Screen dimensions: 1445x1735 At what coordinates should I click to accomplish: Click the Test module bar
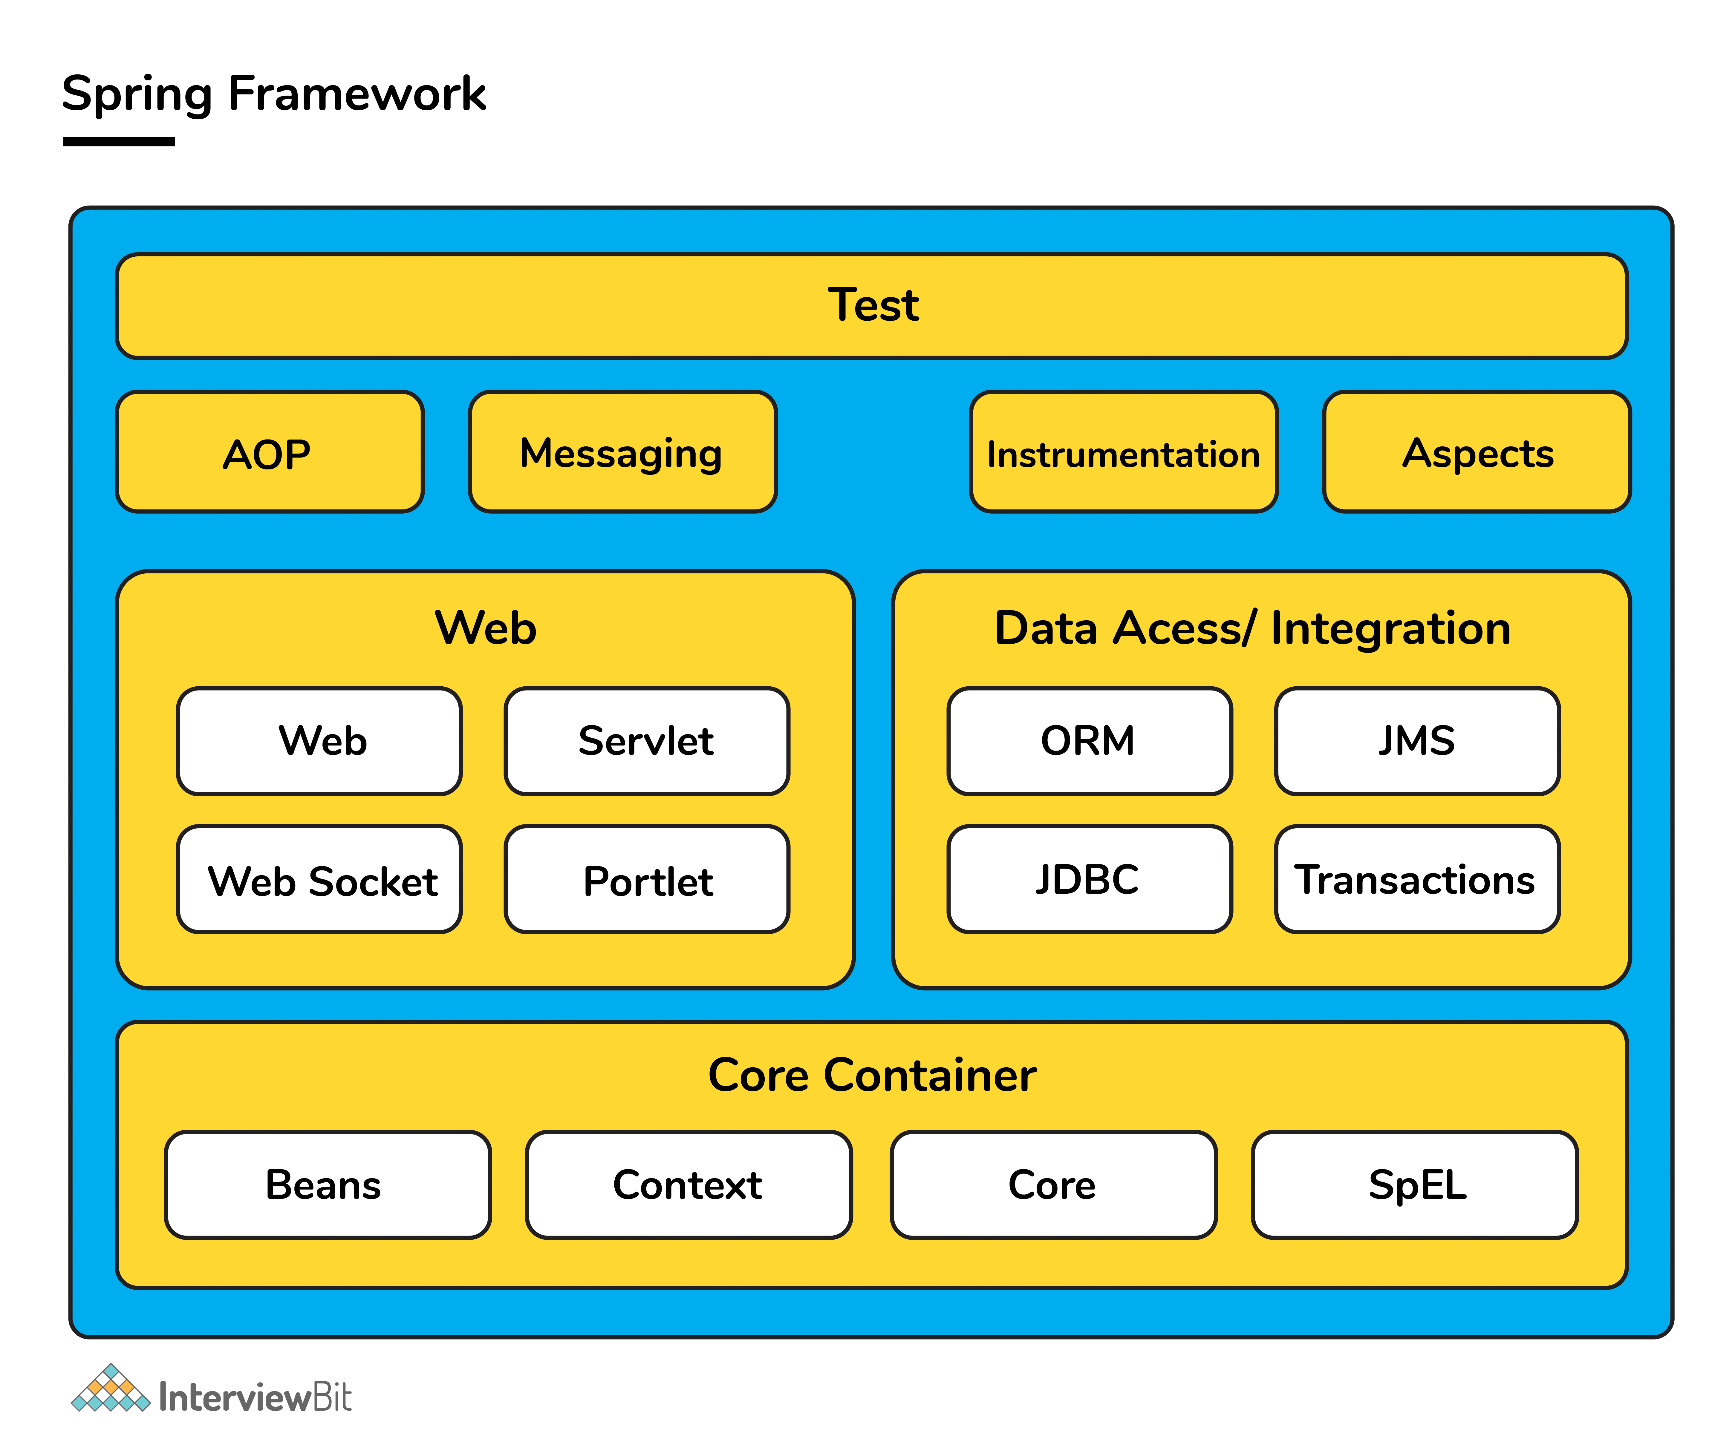tap(872, 306)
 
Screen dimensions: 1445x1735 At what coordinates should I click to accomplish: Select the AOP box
tap(269, 453)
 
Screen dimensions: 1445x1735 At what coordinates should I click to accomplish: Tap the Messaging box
tap(622, 453)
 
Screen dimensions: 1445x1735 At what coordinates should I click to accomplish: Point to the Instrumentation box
tap(1124, 453)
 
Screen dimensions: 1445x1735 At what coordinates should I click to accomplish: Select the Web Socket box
tap(320, 880)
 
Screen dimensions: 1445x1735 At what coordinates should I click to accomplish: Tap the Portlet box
tap(647, 880)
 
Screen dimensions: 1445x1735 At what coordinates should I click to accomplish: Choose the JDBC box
tap(1089, 880)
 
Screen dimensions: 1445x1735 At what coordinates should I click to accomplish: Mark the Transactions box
tap(1417, 880)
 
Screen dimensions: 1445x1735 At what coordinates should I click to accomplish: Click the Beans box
tap(327, 1185)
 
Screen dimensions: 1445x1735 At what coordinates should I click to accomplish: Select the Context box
tap(688, 1185)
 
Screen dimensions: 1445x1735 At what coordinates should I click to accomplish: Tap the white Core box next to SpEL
tap(1052, 1185)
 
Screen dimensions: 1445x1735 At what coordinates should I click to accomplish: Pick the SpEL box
tap(1414, 1185)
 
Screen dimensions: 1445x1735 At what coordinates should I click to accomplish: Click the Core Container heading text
tap(872, 1076)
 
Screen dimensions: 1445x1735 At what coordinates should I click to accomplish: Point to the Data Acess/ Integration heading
tap(1252, 629)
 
